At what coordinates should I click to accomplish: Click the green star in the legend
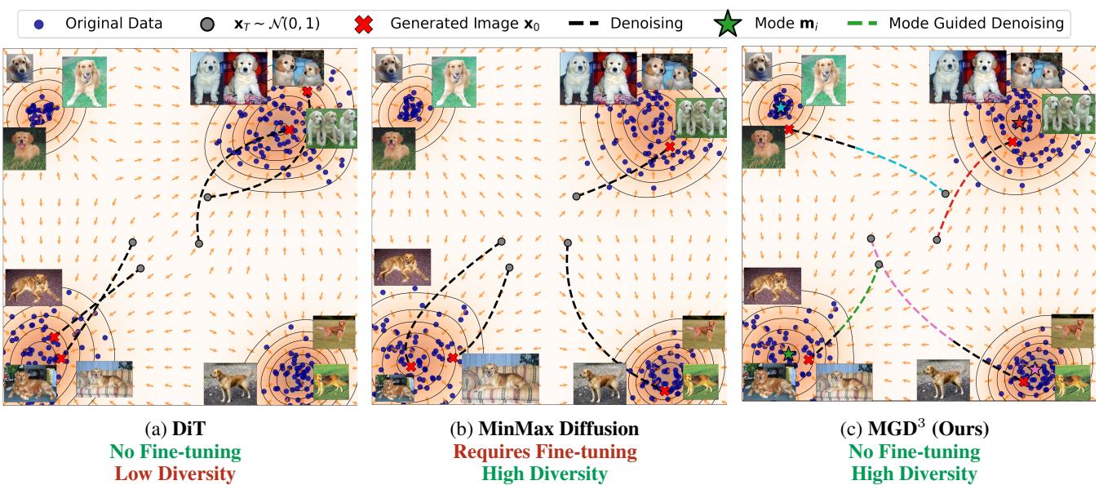point(728,24)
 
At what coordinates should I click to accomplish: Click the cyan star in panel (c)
point(781,108)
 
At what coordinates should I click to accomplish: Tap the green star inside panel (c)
point(788,354)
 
